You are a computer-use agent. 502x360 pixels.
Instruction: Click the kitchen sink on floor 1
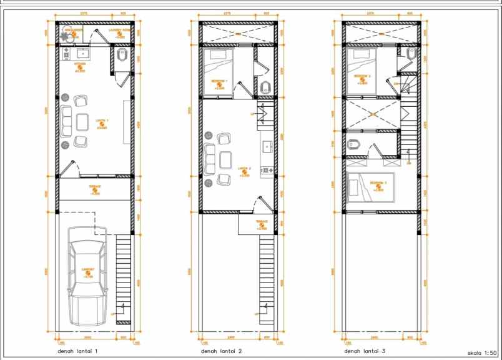82,54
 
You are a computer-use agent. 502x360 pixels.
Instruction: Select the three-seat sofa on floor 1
66,119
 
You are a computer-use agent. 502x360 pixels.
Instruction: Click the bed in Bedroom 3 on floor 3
372,186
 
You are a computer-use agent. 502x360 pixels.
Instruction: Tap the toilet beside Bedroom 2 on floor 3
410,54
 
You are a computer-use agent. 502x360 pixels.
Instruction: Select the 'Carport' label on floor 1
88,270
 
